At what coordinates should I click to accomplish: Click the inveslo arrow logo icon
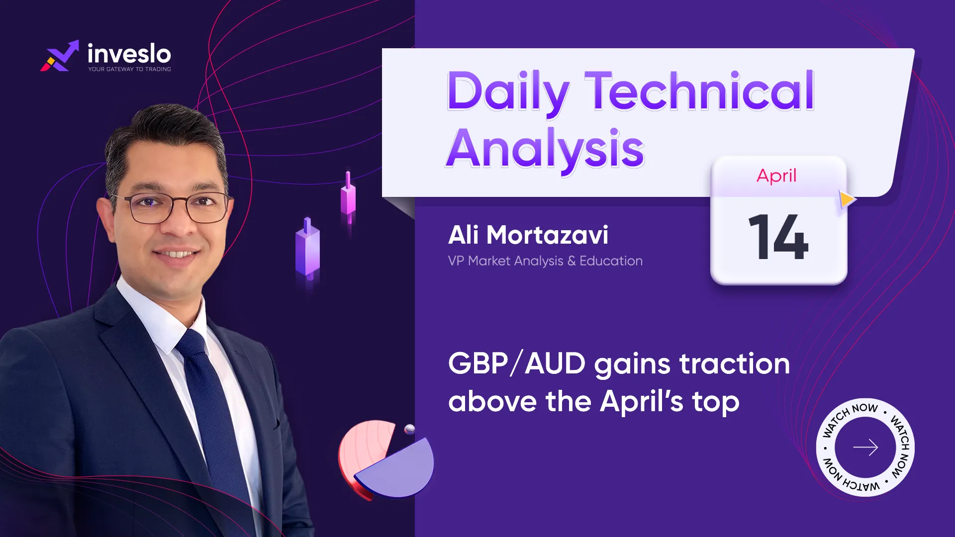tap(60, 56)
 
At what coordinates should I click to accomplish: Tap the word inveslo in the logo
tap(129, 53)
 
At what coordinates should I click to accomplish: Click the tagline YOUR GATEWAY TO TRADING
tap(130, 69)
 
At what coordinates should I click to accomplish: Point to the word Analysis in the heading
tap(545, 149)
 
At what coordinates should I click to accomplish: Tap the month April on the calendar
tap(776, 176)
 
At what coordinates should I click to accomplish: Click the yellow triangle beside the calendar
tap(847, 200)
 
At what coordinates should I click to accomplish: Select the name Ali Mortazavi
tap(528, 235)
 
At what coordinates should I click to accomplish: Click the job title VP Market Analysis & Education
tap(545, 261)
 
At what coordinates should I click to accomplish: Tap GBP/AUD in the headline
tap(517, 363)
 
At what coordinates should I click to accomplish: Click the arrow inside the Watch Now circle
tap(865, 447)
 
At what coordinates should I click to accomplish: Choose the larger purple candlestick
tap(308, 249)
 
